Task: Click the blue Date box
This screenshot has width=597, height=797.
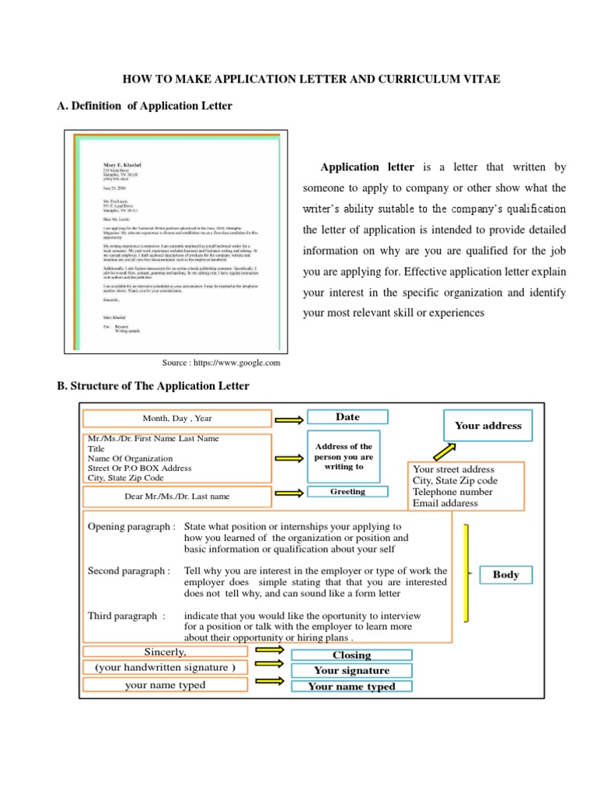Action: coord(347,417)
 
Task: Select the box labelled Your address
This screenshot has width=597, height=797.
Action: coord(488,426)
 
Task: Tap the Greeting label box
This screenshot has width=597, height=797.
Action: coord(347,492)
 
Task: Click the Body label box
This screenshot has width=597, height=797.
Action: coord(506,575)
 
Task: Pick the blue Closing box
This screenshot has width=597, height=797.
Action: coord(351,655)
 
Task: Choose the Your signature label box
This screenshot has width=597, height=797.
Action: coord(351,670)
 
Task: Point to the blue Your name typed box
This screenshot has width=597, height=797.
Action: coord(351,686)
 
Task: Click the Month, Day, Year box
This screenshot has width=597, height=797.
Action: coord(177,419)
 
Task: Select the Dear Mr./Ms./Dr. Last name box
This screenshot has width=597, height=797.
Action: coord(177,496)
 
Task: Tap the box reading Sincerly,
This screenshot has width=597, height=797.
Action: coord(165,651)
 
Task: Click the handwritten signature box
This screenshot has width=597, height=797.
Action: coord(165,668)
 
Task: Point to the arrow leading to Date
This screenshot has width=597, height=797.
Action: coord(289,420)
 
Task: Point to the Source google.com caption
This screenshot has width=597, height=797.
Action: coord(220,363)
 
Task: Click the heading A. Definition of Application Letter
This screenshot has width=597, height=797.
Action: coord(145,106)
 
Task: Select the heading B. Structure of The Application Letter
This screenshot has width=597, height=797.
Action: coord(153,386)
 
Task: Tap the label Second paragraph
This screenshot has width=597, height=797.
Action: coord(129,571)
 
